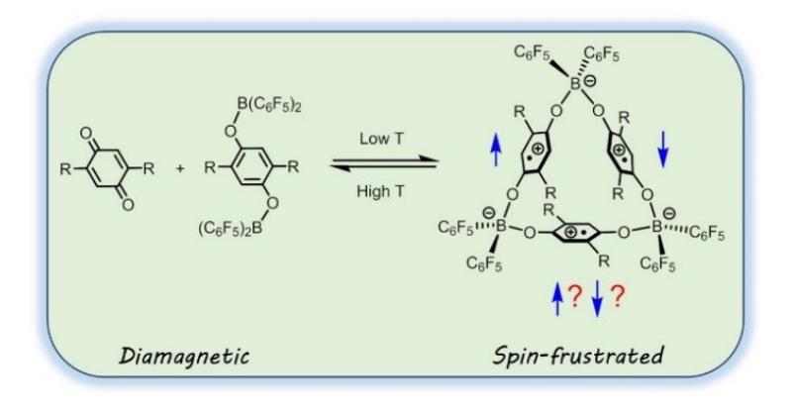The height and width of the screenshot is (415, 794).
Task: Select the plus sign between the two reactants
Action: (x=180, y=169)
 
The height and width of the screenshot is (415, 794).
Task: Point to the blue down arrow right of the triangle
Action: (x=663, y=151)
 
